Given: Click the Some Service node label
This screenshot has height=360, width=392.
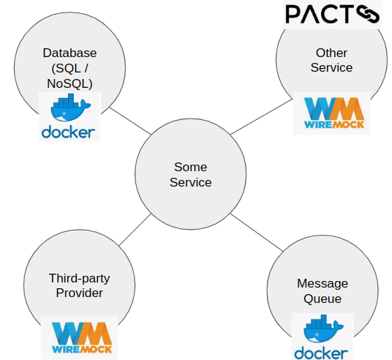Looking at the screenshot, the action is click(190, 175).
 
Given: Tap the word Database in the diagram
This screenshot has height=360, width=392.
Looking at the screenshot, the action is click(69, 53).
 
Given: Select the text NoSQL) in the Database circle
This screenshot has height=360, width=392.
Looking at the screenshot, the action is click(69, 83).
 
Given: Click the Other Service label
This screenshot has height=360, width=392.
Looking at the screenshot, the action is click(331, 60).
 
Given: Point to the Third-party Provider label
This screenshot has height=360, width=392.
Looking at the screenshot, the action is click(80, 285).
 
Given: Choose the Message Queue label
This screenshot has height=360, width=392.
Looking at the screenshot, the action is click(323, 291).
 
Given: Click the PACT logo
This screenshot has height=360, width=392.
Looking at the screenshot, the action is click(333, 14).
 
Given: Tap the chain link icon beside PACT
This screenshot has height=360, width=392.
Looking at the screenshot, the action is click(368, 14).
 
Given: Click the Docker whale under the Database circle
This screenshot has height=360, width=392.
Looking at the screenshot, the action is click(70, 108).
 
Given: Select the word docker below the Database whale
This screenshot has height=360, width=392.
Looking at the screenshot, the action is click(68, 132).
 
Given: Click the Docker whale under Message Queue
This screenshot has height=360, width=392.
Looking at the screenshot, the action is click(323, 329).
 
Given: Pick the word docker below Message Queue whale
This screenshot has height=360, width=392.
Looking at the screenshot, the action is click(321, 353).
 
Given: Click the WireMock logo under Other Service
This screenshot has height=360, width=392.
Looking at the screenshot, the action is click(334, 113).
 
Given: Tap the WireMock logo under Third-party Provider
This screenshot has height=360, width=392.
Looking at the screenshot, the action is click(82, 338).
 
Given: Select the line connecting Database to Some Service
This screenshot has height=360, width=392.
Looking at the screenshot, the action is click(130, 121).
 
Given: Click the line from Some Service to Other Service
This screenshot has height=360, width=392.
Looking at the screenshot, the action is click(261, 117).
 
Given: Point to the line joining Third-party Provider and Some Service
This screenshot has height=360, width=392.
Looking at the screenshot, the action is click(135, 230).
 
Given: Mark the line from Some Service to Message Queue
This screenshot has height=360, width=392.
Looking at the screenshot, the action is click(257, 233).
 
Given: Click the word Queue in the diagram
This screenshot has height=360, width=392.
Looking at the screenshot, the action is click(323, 299).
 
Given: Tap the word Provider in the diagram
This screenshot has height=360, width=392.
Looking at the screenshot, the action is click(80, 293).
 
